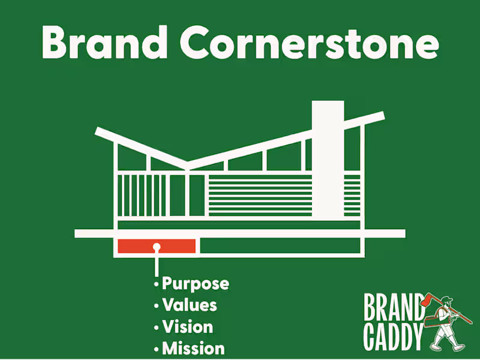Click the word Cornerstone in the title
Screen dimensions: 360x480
tap(308, 43)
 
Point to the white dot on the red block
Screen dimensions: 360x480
tap(157, 246)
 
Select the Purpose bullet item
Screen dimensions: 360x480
tap(195, 283)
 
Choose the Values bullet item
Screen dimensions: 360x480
tap(189, 305)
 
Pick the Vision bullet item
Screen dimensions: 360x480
tap(187, 327)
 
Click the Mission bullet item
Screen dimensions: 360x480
tap(193, 348)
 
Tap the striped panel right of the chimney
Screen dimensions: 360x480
tap(352, 196)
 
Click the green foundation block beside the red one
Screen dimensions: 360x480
tap(279, 246)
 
